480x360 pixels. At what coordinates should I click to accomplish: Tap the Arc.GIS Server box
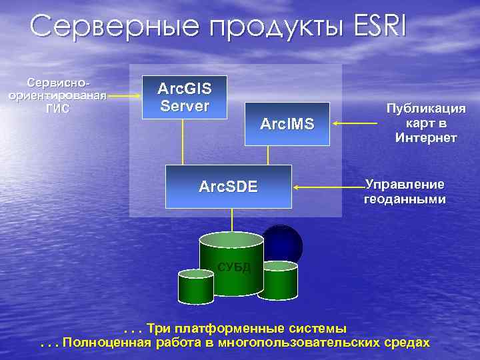[x=183, y=97]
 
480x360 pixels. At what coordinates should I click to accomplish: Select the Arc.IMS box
[x=287, y=123]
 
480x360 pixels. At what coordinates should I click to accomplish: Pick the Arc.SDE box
[x=229, y=186]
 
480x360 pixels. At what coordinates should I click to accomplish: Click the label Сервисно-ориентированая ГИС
[x=57, y=95]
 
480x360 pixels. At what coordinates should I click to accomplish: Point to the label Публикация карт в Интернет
[x=425, y=123]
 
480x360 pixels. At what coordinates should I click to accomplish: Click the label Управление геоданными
[x=405, y=191]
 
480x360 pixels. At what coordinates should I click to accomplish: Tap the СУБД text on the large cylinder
[x=233, y=268]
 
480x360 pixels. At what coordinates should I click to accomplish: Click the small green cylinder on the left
[x=195, y=287]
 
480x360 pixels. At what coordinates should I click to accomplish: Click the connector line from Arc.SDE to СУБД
[x=232, y=220]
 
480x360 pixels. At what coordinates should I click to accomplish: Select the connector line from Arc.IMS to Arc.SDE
[x=268, y=155]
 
